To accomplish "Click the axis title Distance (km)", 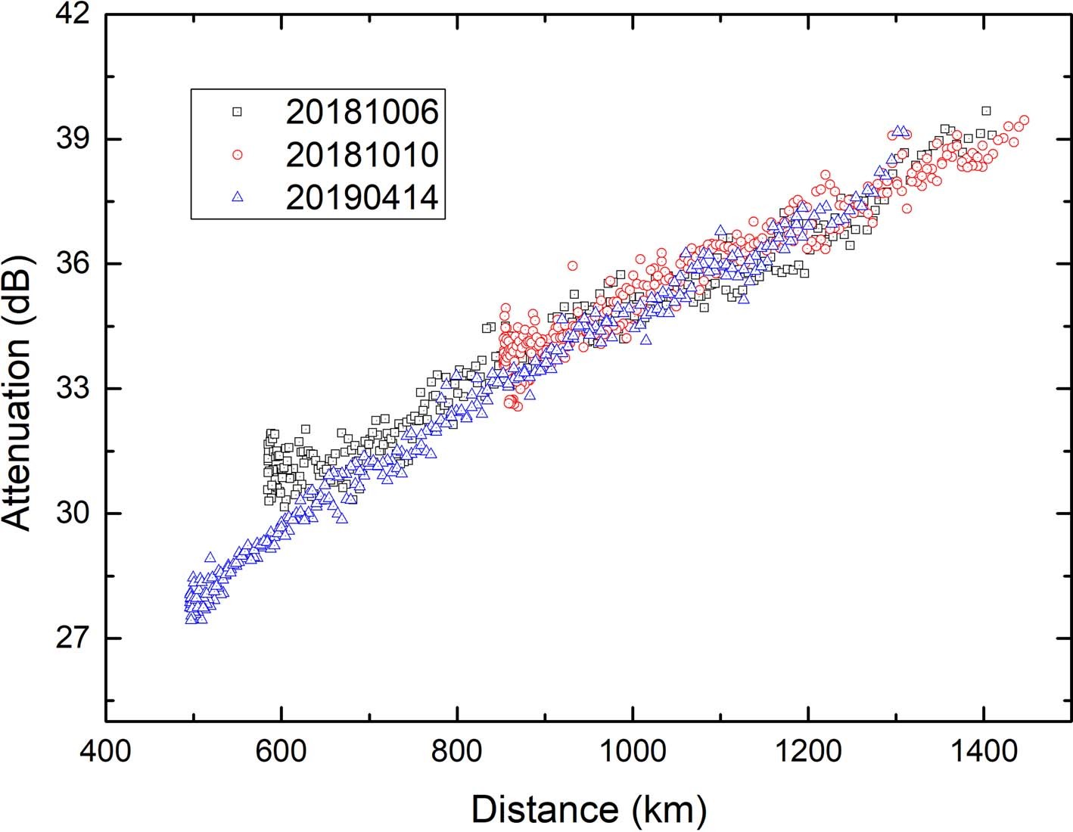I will point(589,809).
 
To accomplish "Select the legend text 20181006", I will point(362,112).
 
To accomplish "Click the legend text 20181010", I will point(362,154).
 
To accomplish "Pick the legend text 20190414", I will point(362,197).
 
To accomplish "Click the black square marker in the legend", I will point(238,112).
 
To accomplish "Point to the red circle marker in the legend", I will point(238,154).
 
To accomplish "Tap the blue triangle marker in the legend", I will point(238,197).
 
